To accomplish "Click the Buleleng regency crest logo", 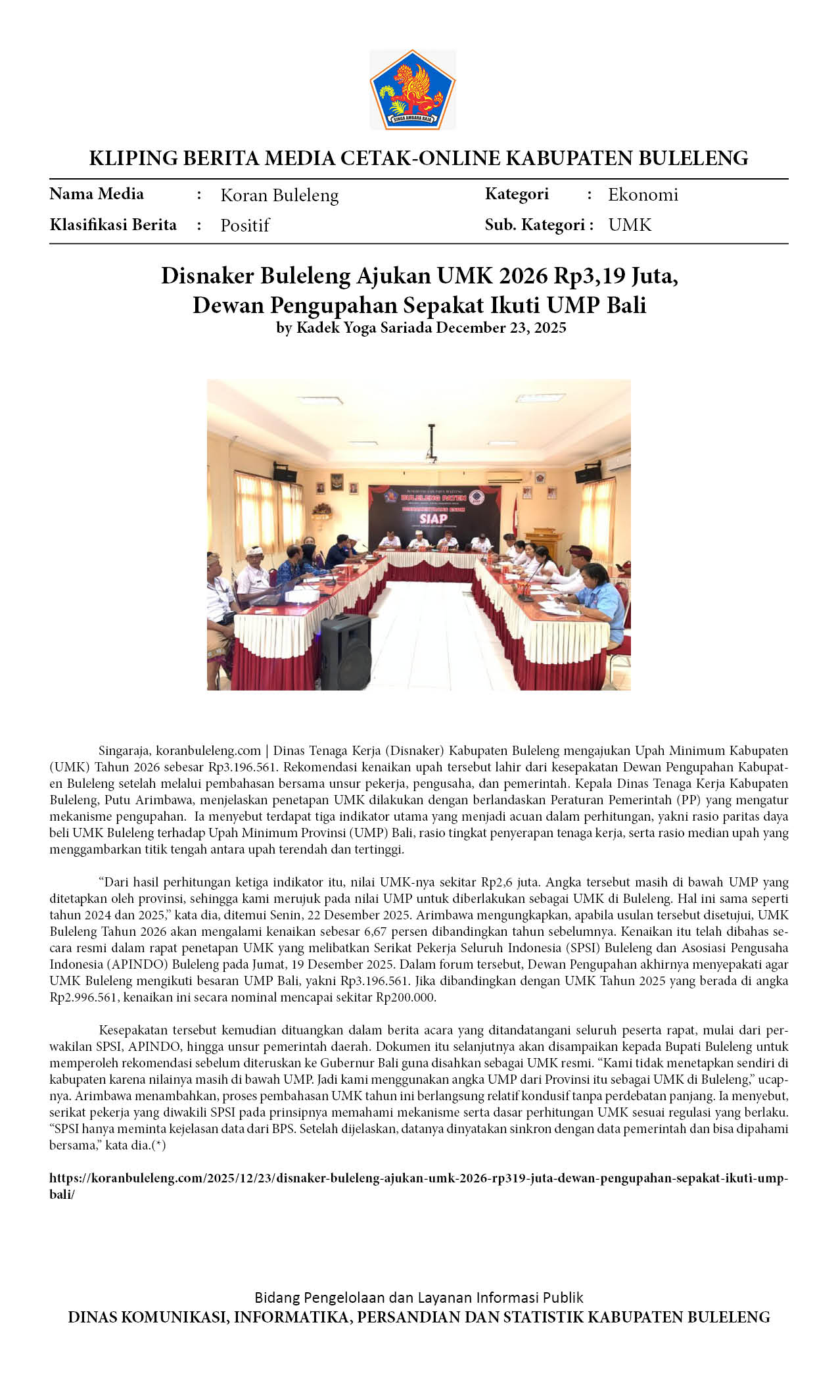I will click(412, 89).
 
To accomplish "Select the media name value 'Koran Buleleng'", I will click(279, 195).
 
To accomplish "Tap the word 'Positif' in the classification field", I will click(245, 226).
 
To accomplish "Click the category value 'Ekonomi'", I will click(642, 195).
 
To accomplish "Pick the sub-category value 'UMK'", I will click(629, 225).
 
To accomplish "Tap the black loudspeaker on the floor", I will click(346, 650).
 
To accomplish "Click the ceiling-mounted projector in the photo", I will click(431, 454).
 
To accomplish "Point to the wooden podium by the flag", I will click(544, 543).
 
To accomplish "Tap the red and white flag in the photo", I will click(517, 519).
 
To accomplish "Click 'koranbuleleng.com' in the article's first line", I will click(208, 750).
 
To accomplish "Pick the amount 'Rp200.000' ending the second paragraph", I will click(405, 997).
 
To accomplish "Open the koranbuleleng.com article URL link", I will click(419, 1178).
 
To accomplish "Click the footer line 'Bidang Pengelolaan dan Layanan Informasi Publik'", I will click(419, 1297).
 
